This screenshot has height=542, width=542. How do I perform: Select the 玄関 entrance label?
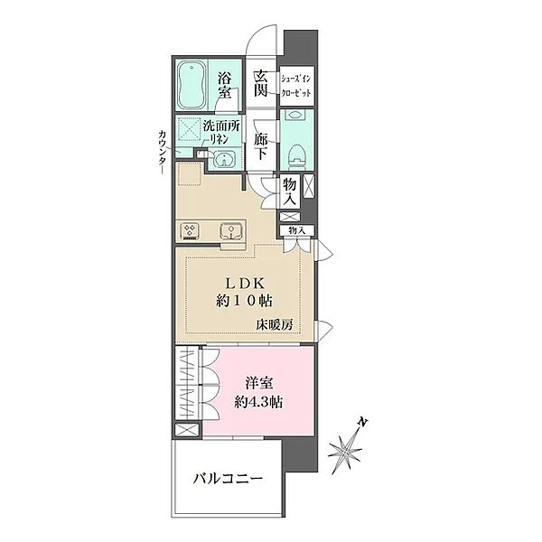261,84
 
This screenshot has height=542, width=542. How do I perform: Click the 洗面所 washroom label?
220,127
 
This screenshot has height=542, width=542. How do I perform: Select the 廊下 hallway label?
261,147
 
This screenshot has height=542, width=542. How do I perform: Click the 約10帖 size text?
244,300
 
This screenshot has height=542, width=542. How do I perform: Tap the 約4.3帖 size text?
258,403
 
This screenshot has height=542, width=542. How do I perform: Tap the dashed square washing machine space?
190,132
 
